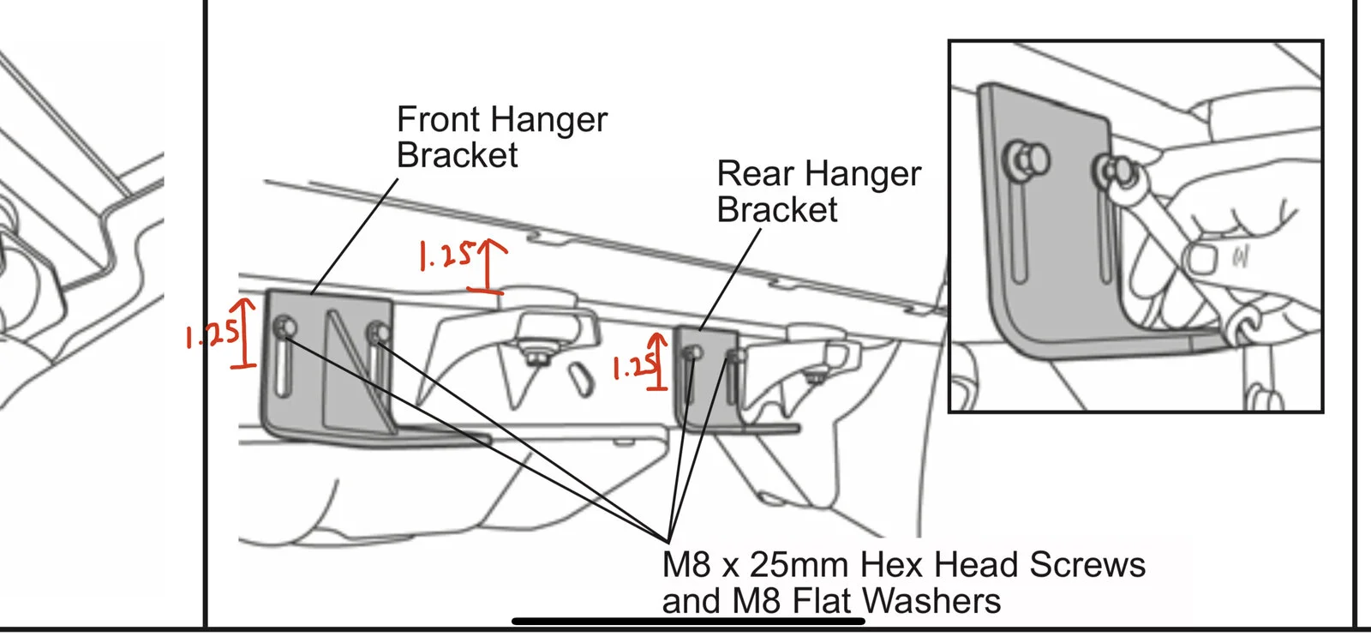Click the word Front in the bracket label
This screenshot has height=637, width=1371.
438,119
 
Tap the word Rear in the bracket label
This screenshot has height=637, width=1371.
754,173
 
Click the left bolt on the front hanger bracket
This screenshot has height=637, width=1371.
284,327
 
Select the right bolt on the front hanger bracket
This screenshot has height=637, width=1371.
378,334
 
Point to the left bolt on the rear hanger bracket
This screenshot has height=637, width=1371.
692,353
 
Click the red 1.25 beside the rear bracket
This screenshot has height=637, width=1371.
635,366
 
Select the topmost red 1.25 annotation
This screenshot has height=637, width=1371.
446,255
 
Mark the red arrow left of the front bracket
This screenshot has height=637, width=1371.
245,334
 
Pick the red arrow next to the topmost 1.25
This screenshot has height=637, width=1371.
488,266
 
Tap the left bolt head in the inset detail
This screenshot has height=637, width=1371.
1027,159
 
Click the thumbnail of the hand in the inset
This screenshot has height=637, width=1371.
1200,259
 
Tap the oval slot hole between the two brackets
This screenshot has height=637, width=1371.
583,380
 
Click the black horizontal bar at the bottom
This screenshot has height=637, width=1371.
688,621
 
